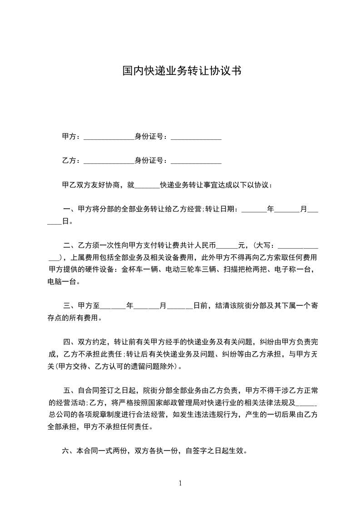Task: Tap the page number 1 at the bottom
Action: [x=180, y=483]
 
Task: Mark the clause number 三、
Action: [x=69, y=306]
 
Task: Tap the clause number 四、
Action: [x=69, y=343]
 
